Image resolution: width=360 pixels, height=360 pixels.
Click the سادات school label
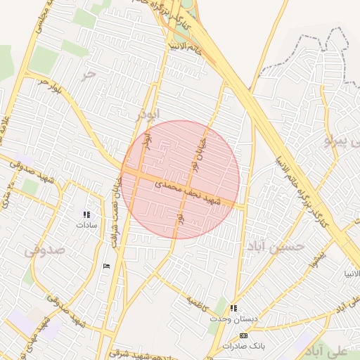(86, 226)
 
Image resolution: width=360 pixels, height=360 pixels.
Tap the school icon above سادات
(86, 214)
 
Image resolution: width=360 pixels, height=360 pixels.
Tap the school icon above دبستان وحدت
(233, 308)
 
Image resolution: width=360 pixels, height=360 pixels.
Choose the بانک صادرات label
(243, 347)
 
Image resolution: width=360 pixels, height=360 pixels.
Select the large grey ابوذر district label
(148, 112)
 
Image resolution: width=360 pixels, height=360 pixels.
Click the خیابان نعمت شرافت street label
(115, 211)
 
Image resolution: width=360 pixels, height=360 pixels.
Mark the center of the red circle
(180, 179)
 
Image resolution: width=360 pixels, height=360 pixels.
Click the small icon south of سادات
(106, 265)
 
